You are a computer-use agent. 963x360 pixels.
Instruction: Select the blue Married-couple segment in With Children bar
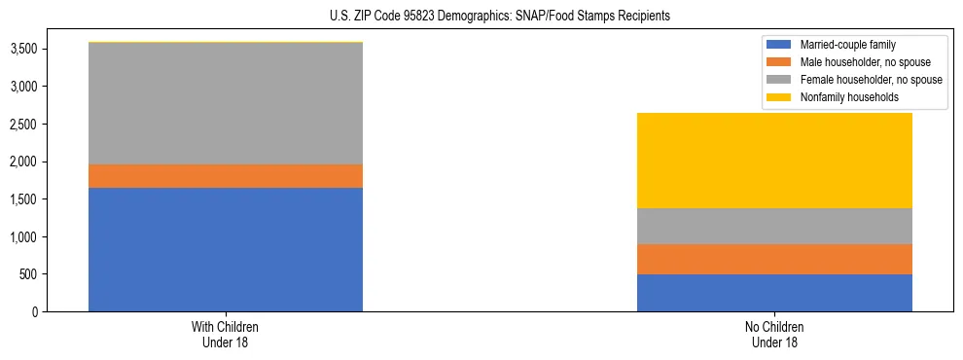click(226, 249)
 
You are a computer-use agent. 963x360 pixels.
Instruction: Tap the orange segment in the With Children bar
click(226, 176)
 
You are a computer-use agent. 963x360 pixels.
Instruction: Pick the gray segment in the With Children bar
click(226, 103)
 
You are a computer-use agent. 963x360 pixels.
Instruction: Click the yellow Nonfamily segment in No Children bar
click(774, 161)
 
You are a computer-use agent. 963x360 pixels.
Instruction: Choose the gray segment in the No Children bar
click(774, 226)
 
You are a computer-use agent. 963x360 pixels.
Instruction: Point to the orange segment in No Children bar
click(774, 259)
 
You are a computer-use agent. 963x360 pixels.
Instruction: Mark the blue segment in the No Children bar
click(774, 293)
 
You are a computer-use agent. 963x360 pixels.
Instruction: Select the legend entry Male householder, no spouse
click(861, 62)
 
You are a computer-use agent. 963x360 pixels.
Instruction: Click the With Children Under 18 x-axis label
click(226, 335)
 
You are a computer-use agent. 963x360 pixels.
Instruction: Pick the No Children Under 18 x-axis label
click(774, 335)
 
